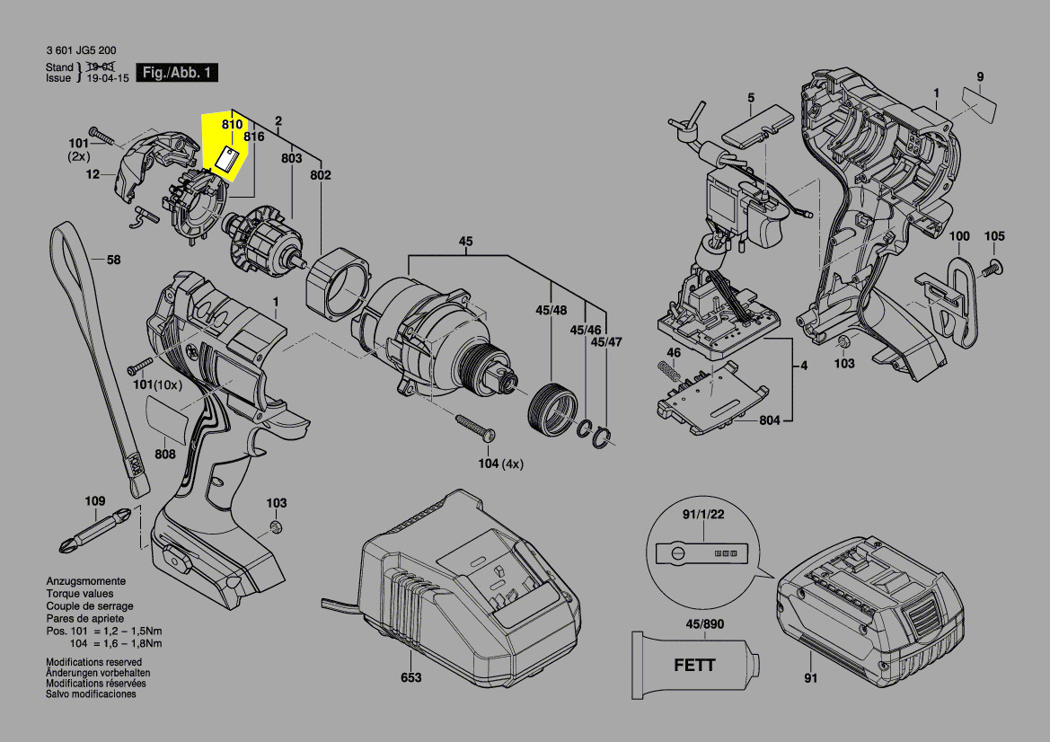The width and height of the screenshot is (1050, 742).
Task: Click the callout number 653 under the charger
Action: (410, 677)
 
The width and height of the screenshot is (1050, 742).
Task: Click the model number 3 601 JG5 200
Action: (80, 51)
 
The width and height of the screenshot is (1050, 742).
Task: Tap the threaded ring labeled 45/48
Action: (549, 410)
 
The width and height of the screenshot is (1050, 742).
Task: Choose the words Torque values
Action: (80, 594)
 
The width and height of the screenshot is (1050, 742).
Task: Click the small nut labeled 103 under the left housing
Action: (276, 527)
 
